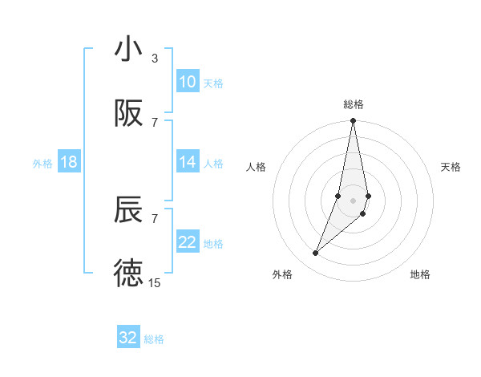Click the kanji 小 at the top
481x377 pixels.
128,50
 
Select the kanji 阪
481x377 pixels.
128,114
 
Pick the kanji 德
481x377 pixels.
128,273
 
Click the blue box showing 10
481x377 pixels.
188,82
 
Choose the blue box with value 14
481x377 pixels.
188,162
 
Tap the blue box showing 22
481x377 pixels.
188,242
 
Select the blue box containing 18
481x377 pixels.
69,162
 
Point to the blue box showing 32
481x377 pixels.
128,338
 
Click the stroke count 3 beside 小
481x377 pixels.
155,59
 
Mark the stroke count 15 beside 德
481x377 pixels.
155,282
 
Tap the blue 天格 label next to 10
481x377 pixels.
213,83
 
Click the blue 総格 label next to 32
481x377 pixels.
154,339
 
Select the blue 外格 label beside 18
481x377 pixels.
42,163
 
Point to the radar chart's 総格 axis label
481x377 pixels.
354,104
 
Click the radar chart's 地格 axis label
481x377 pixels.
420,274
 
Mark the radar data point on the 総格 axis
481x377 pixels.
354,121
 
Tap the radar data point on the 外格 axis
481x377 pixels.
316,253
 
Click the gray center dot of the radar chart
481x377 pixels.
354,200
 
